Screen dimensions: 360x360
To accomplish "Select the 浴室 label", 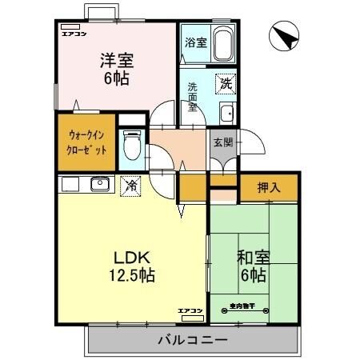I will pyautogui.click(x=197, y=42).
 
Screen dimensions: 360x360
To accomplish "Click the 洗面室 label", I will pyautogui.click(x=193, y=96).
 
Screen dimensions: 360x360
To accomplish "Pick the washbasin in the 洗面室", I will pyautogui.click(x=226, y=111).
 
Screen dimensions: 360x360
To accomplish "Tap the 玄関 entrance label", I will pyautogui.click(x=222, y=143).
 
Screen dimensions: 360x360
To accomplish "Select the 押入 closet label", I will pyautogui.click(x=269, y=188).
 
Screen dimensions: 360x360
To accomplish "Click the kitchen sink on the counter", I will pyautogui.click(x=100, y=185).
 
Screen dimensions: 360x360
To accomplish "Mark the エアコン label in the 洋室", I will pyautogui.click(x=73, y=34).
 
